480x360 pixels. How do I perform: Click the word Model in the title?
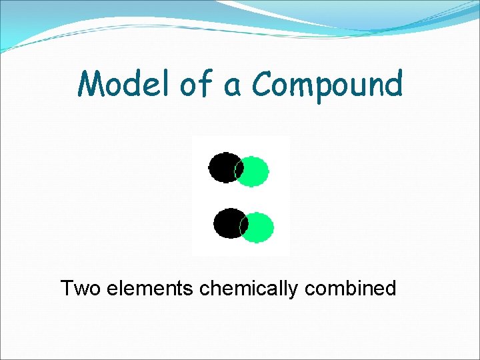(124, 85)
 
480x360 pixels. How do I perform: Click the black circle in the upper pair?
(222, 167)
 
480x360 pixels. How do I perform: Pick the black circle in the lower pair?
(228, 223)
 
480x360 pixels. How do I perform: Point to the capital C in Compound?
(263, 85)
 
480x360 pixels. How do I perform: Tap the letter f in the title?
(204, 84)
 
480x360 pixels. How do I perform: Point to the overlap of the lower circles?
(244, 225)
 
